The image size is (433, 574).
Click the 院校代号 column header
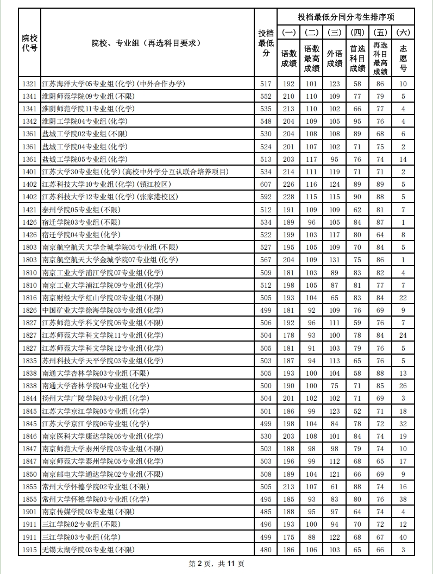point(30,43)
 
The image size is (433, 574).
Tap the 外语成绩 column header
point(335,58)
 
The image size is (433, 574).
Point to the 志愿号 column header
point(403,58)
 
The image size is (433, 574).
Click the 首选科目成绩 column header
point(357,58)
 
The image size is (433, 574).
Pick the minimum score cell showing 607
point(266,184)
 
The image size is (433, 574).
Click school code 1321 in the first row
point(30,84)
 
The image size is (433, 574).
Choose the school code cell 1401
point(30,172)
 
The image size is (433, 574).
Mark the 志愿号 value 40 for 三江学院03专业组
point(403,537)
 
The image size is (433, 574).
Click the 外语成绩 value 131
point(335,260)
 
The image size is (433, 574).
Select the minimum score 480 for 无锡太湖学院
point(266,550)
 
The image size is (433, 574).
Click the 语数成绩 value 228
point(288,197)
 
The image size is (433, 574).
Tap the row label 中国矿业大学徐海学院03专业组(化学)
point(102,310)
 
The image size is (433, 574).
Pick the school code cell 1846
point(30,436)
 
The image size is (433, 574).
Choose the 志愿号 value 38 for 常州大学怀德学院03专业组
point(403,499)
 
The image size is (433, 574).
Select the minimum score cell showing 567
point(266,260)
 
